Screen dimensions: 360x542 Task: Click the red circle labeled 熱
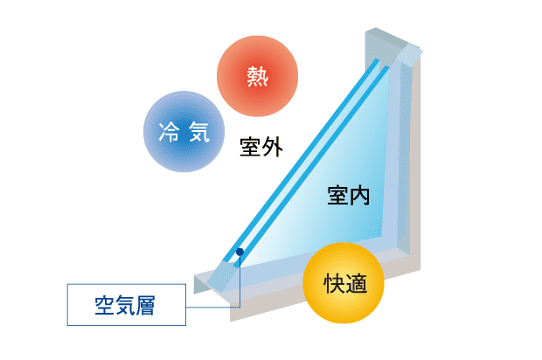(258, 76)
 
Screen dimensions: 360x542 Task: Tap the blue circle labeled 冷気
(184, 132)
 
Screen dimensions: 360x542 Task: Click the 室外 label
(261, 146)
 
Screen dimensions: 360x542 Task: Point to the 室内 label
(349, 195)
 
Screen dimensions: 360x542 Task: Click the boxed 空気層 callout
(128, 305)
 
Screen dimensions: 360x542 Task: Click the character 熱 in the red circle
(258, 76)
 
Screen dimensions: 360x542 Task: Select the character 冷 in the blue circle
(170, 133)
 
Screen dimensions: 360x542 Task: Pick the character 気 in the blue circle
(198, 133)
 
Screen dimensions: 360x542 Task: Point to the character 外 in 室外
(273, 146)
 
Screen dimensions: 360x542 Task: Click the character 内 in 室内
(360, 195)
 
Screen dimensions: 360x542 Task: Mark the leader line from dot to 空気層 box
(240, 280)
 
